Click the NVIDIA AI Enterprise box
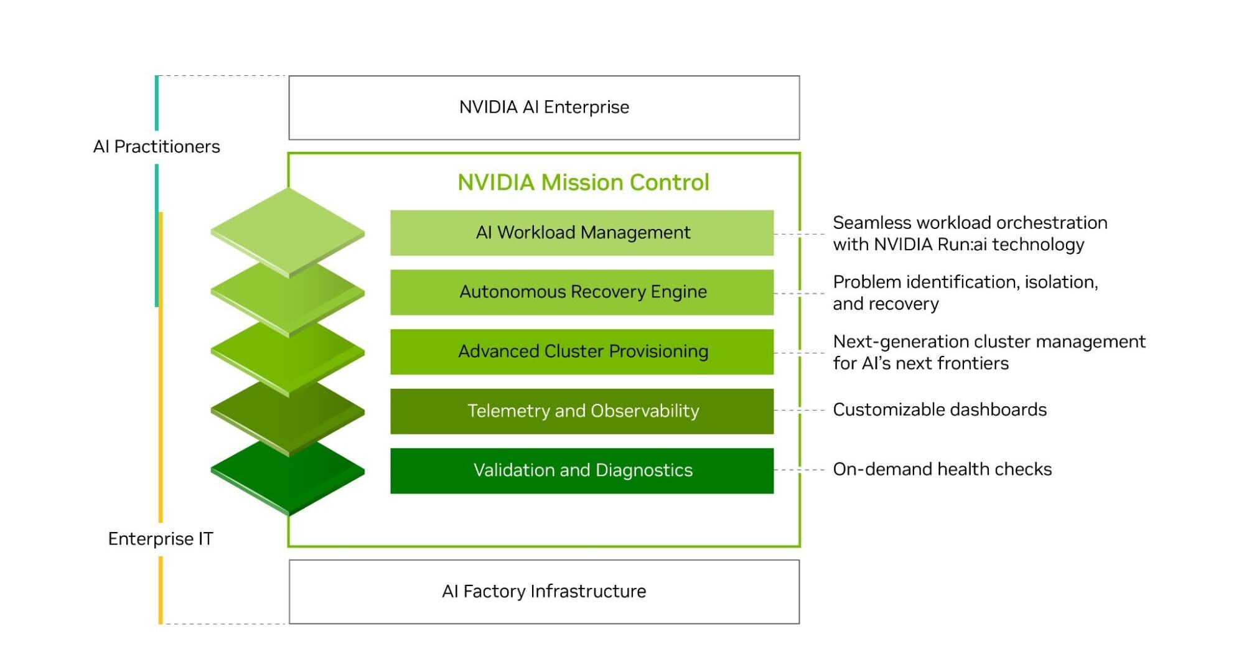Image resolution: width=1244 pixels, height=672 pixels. pos(544,108)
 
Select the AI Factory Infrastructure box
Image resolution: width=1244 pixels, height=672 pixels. pos(544,591)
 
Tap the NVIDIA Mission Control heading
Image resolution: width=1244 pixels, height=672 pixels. pos(583,182)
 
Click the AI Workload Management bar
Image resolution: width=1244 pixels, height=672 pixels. pos(582,233)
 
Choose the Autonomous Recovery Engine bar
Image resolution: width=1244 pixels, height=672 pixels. pos(582,292)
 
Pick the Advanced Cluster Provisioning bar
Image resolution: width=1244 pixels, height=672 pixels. pos(582,352)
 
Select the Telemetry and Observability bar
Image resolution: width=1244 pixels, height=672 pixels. pos(582,411)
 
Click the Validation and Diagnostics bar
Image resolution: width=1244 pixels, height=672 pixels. pos(582,470)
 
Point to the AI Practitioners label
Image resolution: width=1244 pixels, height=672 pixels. pos(156,147)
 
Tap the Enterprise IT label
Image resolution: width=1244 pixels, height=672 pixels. pos(161,539)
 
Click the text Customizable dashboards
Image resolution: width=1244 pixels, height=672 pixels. pos(940,410)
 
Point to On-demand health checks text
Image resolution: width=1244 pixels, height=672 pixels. pos(942,469)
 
